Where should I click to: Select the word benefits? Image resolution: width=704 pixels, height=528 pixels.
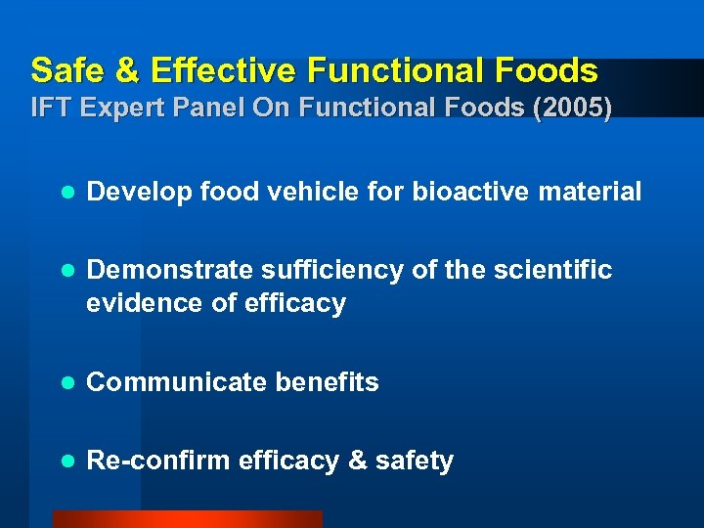pyautogui.click(x=327, y=382)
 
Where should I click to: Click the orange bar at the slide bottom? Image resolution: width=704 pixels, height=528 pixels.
pyautogui.click(x=187, y=519)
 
